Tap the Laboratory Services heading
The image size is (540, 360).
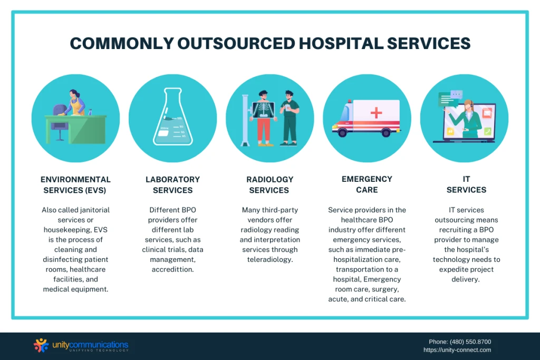pyautogui.click(x=172, y=185)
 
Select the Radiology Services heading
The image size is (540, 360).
pyautogui.click(x=269, y=185)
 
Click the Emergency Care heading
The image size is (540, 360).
pyautogui.click(x=367, y=184)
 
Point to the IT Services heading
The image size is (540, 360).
pyautogui.click(x=466, y=184)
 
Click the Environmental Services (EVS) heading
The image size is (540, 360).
pyautogui.click(x=76, y=185)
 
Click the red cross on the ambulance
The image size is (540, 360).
pyautogui.click(x=376, y=113)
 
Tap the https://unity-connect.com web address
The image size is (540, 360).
pyautogui.click(x=457, y=350)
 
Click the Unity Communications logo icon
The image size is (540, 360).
pyautogui.click(x=41, y=345)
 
